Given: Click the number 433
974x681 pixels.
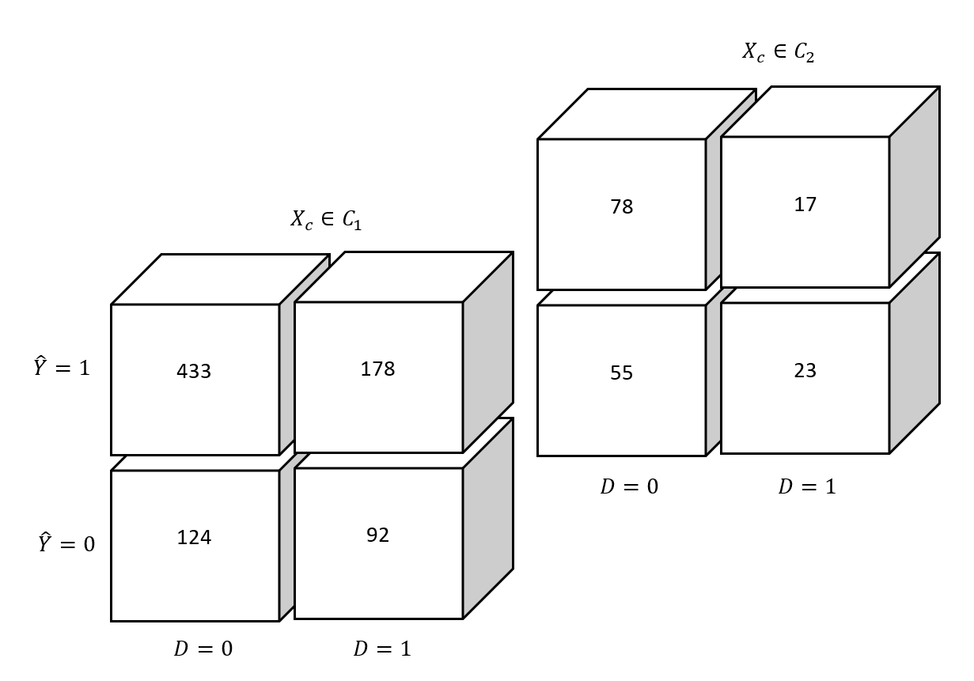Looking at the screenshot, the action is (194, 372).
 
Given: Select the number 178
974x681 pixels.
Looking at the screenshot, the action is (377, 369).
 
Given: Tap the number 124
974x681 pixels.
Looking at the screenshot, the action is (194, 538).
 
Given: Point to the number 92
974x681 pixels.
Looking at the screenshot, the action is (377, 535).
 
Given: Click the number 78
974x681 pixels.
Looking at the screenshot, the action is (621, 207).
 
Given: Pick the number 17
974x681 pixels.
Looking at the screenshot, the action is (805, 205).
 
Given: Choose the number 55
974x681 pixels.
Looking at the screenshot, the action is (621, 373).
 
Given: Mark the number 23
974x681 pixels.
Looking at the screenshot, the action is (805, 371).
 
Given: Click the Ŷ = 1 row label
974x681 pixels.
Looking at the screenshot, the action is (62, 368).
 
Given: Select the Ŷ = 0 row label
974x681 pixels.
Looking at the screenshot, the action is (66, 544).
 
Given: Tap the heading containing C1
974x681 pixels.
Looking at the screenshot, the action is (326, 220).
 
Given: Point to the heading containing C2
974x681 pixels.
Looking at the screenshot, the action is (778, 52).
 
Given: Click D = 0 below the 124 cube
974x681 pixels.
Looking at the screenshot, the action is (203, 649).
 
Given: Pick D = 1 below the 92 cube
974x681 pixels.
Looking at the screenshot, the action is (382, 649).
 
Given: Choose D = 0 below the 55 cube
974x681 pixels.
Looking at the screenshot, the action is (629, 487).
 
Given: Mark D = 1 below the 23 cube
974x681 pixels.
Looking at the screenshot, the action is (807, 487).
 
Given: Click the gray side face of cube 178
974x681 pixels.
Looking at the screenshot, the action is (488, 352).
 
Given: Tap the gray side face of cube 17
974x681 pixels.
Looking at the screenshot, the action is (915, 187).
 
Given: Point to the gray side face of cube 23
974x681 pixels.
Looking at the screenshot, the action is (915, 353).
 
